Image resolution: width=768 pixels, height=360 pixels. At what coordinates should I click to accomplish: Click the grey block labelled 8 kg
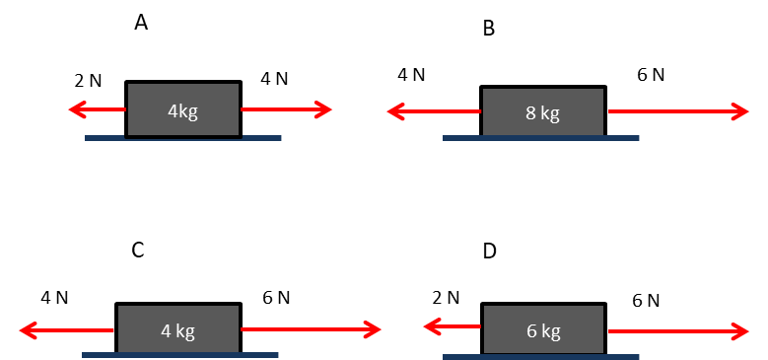tap(542, 111)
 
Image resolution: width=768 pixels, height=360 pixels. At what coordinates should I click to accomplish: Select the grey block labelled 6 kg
tap(543, 329)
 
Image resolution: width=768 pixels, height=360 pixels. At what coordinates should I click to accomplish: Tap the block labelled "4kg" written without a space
tap(182, 109)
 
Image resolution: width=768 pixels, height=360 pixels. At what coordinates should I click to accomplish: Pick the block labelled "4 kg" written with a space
tap(178, 329)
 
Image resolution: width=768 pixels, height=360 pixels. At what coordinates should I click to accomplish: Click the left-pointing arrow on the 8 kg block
tap(434, 112)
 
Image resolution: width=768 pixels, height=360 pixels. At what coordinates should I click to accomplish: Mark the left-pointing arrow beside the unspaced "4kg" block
tap(97, 109)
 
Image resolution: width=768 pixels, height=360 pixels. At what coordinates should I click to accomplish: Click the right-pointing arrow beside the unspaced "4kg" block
tap(286, 109)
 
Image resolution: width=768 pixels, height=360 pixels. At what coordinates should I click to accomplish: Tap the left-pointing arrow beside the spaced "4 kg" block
tap(67, 329)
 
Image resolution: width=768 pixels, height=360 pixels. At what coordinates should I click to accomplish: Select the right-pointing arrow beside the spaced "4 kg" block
tap(310, 329)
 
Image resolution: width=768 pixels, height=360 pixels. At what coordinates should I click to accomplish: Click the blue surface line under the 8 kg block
tap(541, 138)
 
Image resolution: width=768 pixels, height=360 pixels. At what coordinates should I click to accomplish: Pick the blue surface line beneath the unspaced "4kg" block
tap(182, 138)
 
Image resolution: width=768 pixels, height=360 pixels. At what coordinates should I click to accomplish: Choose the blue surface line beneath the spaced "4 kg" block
tap(180, 354)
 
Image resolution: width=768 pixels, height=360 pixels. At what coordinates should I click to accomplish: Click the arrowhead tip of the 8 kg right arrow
tap(748, 112)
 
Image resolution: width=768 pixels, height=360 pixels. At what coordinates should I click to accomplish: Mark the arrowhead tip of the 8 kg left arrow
tap(387, 112)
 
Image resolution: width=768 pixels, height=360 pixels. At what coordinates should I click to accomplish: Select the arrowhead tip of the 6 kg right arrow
tap(748, 329)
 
